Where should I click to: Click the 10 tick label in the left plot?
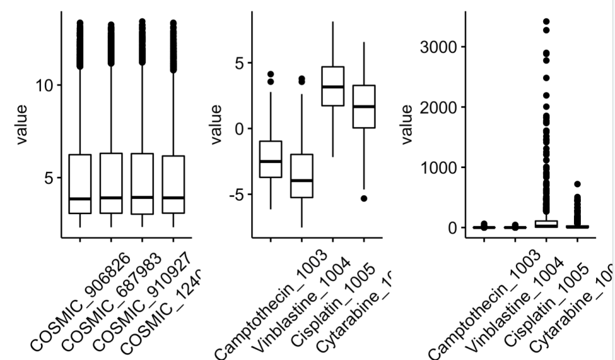coord(46,85)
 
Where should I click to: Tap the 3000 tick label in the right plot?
coord(438,47)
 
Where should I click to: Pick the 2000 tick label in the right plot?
coord(438,107)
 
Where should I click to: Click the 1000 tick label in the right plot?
coord(438,167)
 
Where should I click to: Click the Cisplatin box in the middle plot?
coord(333,86)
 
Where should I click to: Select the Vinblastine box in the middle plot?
coord(302,176)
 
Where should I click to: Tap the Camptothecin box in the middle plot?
coord(271,159)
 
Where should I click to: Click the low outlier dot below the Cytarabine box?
coord(363,198)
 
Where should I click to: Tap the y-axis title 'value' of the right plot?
coord(407,125)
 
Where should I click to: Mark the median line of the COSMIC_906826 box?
coord(80,199)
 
